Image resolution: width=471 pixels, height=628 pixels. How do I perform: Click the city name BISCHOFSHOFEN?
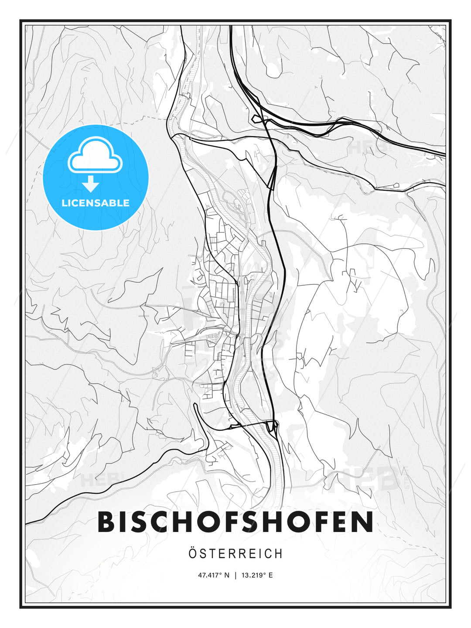[235, 522]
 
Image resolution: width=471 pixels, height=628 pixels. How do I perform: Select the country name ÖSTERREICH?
[235, 554]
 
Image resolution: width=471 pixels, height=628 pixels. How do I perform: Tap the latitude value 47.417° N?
[214, 575]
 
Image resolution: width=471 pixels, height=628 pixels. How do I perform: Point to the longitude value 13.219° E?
[257, 575]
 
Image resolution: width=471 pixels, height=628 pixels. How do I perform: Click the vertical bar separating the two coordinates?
[236, 575]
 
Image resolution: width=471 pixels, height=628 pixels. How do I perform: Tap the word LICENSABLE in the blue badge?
[96, 203]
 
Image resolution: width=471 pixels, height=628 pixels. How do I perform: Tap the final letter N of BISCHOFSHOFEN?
[363, 522]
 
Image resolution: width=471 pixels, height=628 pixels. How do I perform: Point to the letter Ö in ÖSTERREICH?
[193, 553]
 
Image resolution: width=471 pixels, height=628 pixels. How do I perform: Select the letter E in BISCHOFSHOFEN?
[338, 522]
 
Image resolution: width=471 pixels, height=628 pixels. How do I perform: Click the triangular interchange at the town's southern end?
[274, 425]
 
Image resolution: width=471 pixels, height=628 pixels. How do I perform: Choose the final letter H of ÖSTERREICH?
[279, 554]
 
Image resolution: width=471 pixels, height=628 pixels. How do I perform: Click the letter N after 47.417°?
[226, 575]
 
